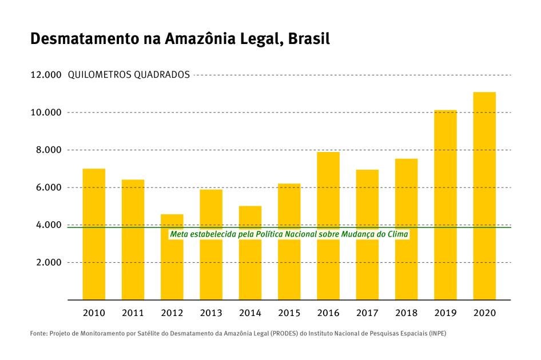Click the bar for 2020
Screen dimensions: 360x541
(484, 195)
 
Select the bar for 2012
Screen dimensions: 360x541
(172, 257)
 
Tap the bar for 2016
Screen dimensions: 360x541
(328, 226)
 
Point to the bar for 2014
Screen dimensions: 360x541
(250, 253)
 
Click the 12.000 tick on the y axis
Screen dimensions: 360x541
(45, 75)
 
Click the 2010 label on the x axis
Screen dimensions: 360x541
(94, 313)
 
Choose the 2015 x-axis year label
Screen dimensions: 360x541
(289, 313)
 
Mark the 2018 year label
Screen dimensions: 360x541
(406, 313)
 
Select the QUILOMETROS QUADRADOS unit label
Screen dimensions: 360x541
(129, 75)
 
